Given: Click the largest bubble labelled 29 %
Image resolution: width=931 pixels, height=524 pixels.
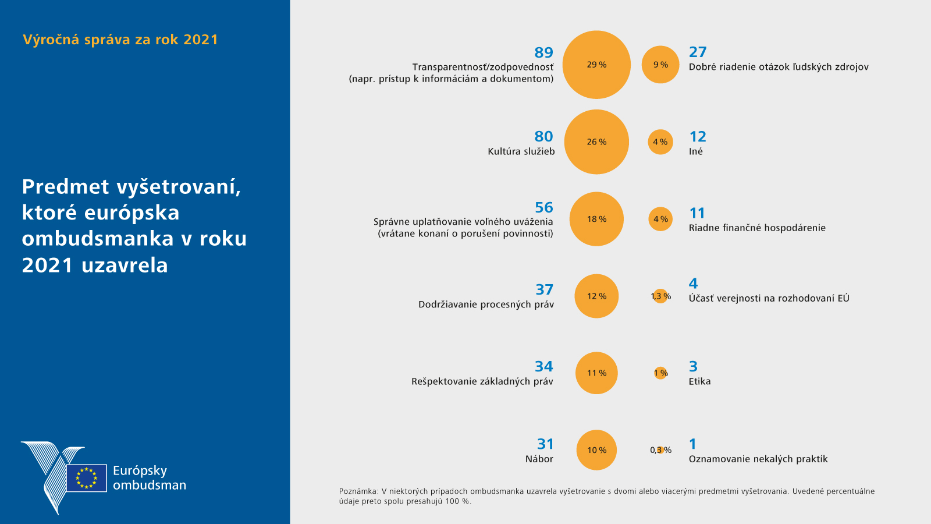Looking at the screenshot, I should coord(596,65).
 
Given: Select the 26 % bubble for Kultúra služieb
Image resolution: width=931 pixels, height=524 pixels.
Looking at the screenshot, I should coord(596,142).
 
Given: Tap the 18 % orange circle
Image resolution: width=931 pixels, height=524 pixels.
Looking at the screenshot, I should coord(596,219).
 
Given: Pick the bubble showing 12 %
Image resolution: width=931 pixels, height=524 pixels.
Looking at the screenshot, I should coord(596,296).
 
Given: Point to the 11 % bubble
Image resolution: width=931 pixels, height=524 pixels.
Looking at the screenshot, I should coord(596,373).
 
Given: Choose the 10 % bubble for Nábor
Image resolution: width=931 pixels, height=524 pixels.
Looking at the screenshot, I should coord(596,450).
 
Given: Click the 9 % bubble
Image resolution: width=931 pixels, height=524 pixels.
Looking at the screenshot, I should coord(660,65).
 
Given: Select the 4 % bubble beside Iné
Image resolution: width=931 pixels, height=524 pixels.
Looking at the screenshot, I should coord(660,142).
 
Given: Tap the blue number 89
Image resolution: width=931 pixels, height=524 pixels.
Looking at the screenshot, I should coord(543,52).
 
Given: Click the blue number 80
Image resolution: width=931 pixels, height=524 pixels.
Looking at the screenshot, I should coord(543,136).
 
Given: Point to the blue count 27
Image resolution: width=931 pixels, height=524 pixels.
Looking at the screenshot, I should coord(698,52).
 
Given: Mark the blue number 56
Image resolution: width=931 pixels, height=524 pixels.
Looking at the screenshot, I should coord(543,207).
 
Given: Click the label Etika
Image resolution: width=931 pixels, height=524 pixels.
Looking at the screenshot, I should coord(699,381).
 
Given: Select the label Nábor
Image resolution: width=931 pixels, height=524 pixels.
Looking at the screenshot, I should coord(539,459).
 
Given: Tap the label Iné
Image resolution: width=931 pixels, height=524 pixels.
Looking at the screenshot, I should coord(695,151).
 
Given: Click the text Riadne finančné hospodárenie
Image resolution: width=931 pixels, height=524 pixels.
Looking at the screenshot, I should coord(757,228).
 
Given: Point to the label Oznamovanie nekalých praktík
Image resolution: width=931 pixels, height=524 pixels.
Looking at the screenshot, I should coord(758,459).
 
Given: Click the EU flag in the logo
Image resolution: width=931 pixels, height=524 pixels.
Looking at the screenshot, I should coord(87,478).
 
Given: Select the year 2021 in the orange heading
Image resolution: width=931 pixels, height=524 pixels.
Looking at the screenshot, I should coord(200,40).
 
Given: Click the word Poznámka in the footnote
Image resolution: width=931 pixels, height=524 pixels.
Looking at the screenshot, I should coord(358,491).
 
